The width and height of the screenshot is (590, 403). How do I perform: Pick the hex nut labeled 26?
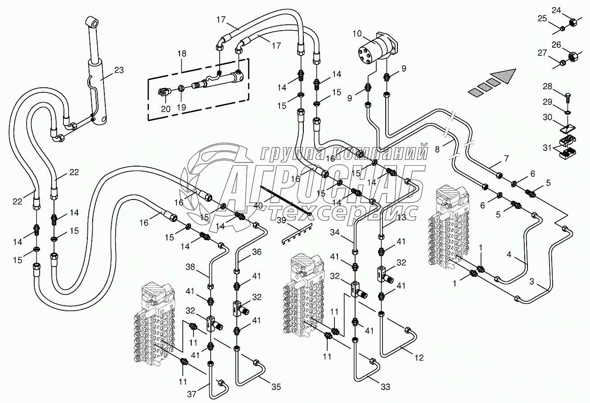click(574, 57)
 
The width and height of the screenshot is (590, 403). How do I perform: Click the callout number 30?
click(547, 117)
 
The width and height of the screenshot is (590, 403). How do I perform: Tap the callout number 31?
click(547, 148)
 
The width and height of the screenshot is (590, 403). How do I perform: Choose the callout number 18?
click(182, 54)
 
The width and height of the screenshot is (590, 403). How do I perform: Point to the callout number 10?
click(357, 33)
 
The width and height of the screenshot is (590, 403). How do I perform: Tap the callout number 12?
click(419, 358)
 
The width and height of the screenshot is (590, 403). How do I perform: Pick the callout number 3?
click(532, 282)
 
